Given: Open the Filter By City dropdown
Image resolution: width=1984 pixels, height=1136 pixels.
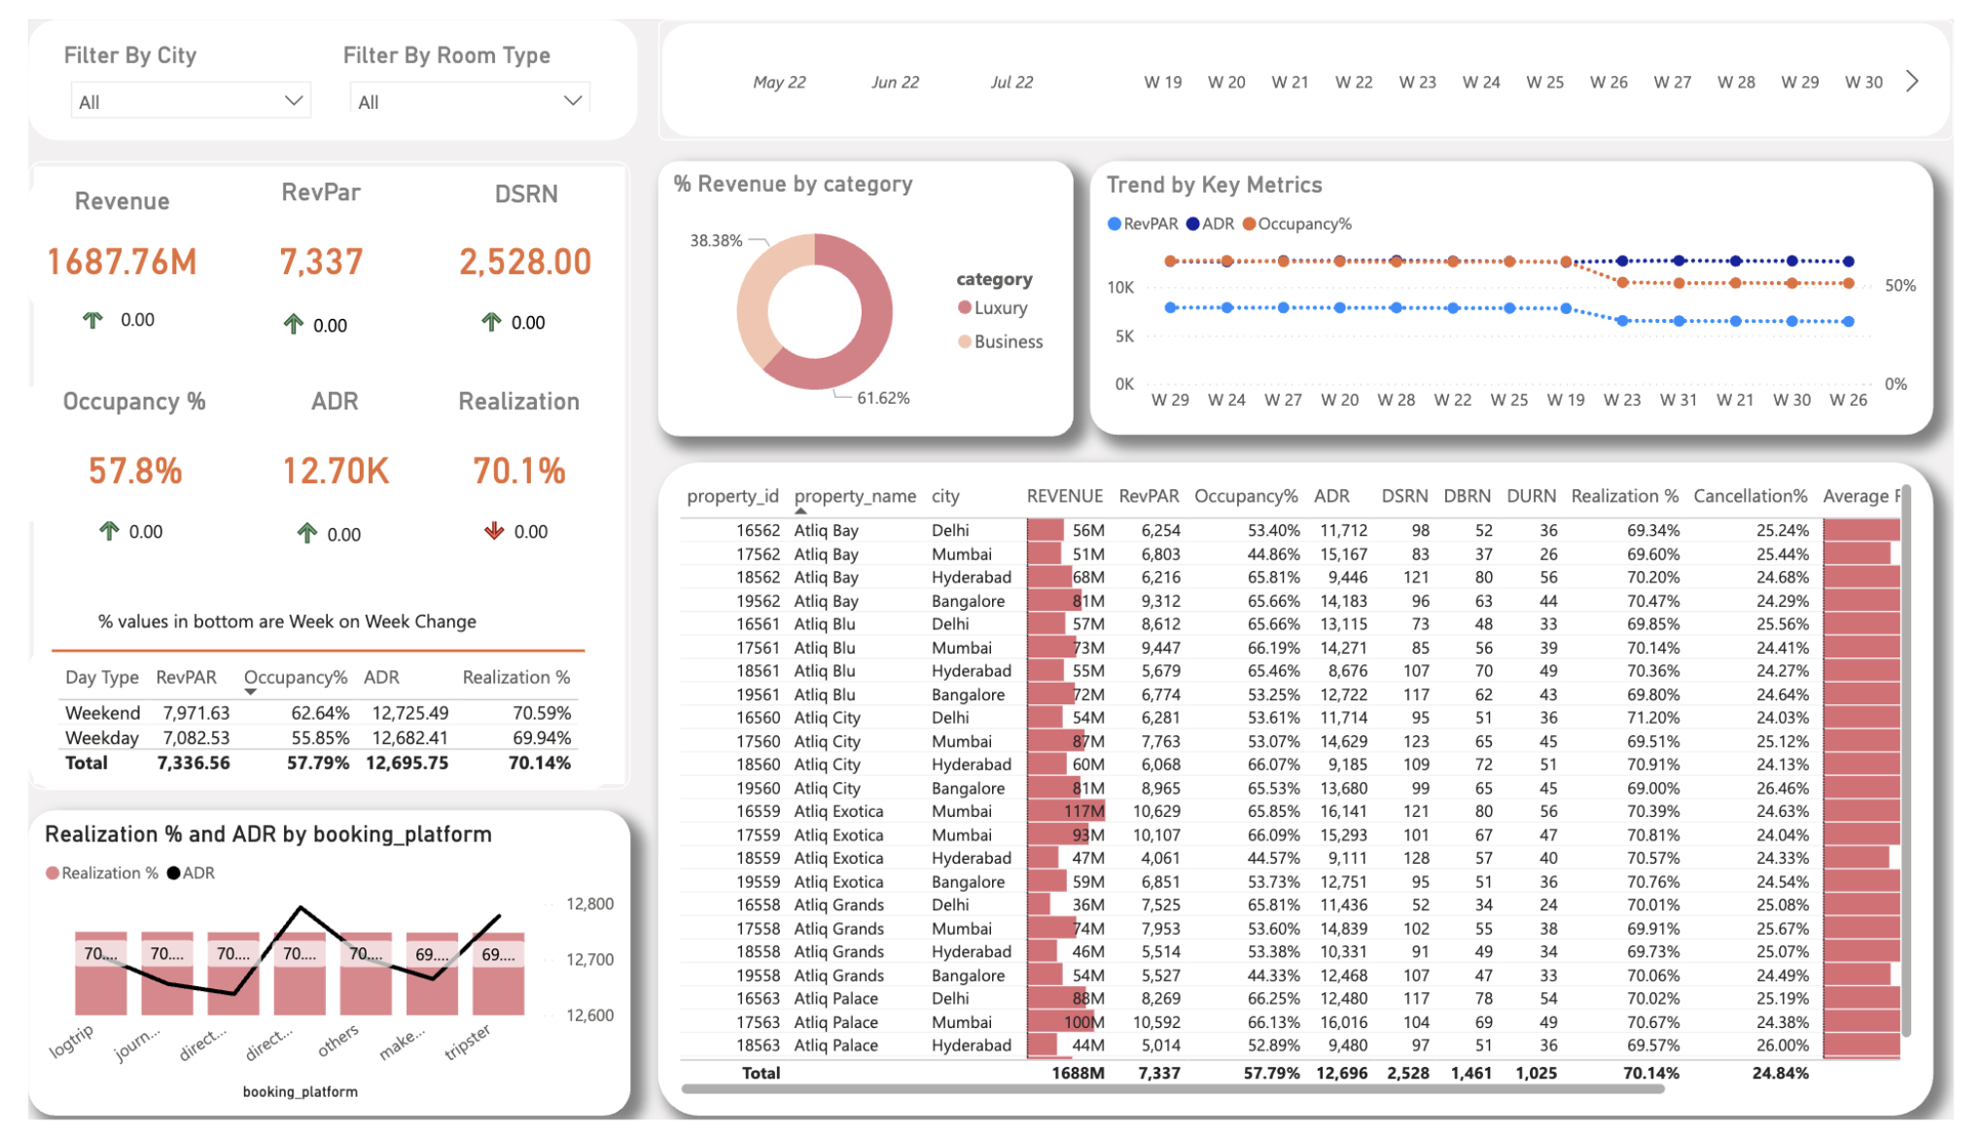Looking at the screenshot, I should [191, 101].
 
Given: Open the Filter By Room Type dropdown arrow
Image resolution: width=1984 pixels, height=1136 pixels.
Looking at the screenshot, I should [573, 100].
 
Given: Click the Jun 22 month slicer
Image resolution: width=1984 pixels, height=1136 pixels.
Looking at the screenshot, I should [895, 83].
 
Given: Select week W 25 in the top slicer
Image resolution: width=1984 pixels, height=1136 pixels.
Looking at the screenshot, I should [1544, 83].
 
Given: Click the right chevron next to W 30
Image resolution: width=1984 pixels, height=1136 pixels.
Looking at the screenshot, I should [1912, 82].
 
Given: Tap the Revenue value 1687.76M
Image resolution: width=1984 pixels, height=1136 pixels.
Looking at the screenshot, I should [123, 262].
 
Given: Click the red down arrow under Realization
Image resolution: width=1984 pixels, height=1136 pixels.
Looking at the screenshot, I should [494, 531].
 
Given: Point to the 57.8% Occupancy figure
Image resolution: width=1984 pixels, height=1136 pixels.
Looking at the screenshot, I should [135, 472].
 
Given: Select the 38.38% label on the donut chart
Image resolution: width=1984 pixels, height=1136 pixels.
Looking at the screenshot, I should [716, 241].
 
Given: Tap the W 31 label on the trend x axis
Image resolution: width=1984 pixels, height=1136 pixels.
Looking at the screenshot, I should [1678, 400].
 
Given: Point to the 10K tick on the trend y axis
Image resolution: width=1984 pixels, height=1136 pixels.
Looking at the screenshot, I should [1120, 288].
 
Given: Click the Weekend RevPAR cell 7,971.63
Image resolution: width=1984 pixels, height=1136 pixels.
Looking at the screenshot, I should [195, 713].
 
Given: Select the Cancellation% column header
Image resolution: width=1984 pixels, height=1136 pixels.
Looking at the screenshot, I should [1750, 496].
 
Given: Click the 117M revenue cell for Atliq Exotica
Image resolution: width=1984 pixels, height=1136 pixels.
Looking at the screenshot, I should [1082, 811].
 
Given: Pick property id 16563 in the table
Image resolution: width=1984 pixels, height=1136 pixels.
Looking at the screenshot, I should [758, 999].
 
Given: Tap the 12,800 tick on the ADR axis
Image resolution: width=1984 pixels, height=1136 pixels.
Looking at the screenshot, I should [589, 905].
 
